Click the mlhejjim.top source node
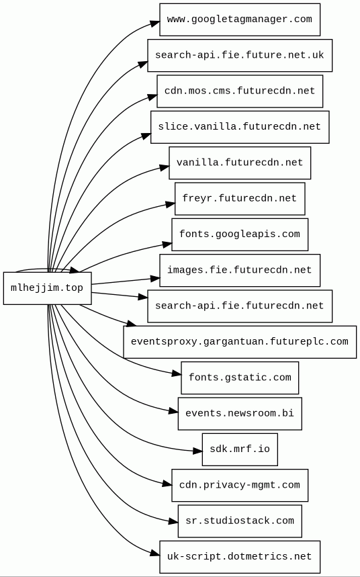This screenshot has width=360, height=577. point(48,288)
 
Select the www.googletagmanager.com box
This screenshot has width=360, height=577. point(240,19)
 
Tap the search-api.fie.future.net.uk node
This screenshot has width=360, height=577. point(240,55)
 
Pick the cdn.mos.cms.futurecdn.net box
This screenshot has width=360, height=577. point(240,91)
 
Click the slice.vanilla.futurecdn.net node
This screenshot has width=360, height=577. point(240,127)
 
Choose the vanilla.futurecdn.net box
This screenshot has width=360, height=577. point(240,163)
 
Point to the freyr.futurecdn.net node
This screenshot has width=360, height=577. point(240,199)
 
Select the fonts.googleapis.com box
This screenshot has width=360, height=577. point(240,234)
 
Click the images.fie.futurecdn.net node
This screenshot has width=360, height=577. point(240,270)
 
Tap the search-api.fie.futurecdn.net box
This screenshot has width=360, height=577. point(240,306)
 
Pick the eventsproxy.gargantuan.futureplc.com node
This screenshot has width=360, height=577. point(240,342)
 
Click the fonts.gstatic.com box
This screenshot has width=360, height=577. point(240,378)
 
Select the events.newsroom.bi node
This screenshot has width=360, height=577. point(240,414)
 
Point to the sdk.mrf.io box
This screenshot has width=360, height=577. point(240,449)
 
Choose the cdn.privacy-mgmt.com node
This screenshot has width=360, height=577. point(240,485)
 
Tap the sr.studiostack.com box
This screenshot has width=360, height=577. point(240,521)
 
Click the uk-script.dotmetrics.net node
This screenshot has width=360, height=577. point(240,557)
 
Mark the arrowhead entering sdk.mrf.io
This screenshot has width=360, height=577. point(197,451)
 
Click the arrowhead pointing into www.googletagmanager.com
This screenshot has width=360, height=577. point(155,24)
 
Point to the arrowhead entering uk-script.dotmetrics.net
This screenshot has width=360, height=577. point(155,553)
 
